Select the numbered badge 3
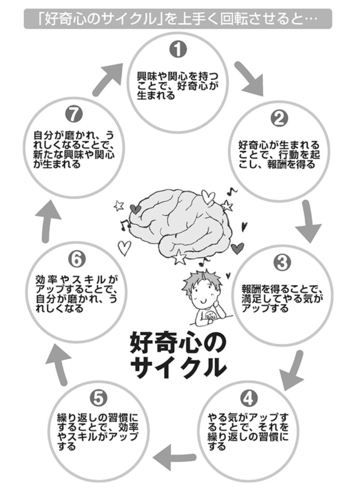(x=281, y=263)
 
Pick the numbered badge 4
(x=247, y=398)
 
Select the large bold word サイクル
(x=178, y=367)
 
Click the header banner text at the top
(x=177, y=19)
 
